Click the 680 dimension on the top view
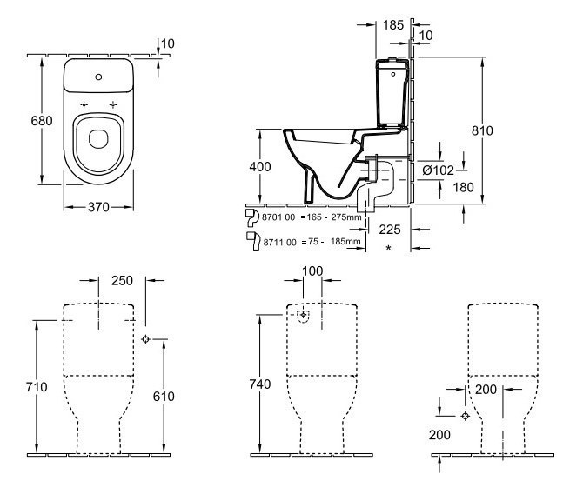coord(17,121)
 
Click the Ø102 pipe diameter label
coord(438,170)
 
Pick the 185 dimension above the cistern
coord(392,25)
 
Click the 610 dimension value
coord(164,397)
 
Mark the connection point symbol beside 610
coord(146,338)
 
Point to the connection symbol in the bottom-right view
coord(466,416)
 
